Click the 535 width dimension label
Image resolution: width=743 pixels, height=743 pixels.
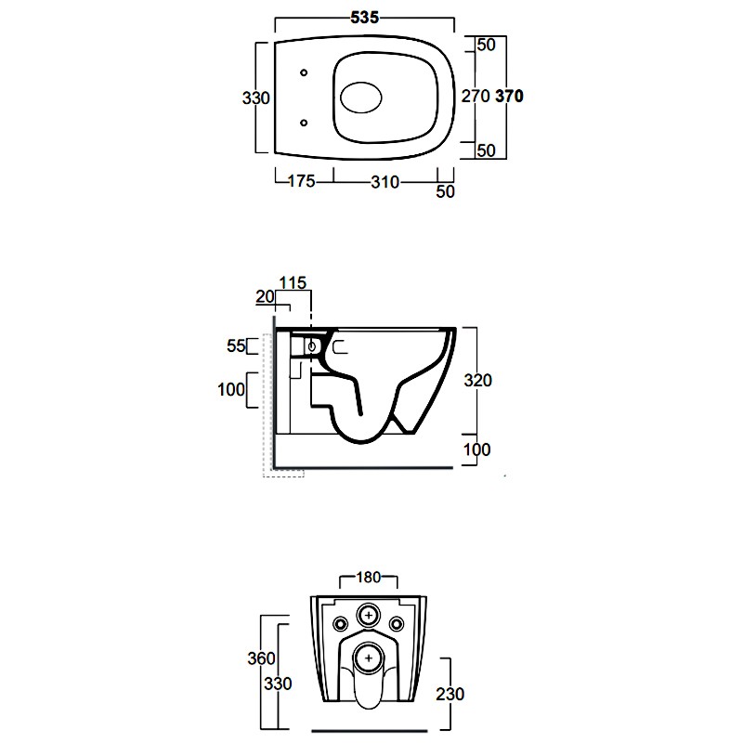(x=365, y=18)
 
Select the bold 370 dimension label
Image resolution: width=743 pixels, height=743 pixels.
(x=509, y=97)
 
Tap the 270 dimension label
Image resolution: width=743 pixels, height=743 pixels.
(x=476, y=97)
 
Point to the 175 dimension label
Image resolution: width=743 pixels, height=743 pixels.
(x=301, y=181)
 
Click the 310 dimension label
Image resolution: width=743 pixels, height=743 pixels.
(x=385, y=182)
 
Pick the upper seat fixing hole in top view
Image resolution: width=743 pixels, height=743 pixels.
(x=305, y=72)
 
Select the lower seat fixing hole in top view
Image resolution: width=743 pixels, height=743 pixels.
(x=305, y=124)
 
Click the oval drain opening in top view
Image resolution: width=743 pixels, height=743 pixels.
(x=361, y=98)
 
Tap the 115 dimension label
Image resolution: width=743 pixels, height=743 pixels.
(x=293, y=283)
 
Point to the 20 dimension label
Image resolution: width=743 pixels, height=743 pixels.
(x=265, y=296)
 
